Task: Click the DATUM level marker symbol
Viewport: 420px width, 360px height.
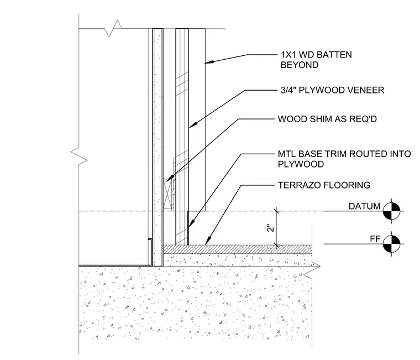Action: point(391,211)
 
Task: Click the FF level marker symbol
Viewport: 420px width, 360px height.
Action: point(391,244)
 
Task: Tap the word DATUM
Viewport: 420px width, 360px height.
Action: point(364,206)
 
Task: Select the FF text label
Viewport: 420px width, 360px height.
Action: point(375,239)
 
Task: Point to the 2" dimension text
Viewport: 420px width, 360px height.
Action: point(271,228)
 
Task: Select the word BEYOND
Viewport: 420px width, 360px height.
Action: point(300,65)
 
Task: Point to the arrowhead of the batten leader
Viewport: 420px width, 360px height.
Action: point(209,62)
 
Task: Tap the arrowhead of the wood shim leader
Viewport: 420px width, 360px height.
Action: point(170,178)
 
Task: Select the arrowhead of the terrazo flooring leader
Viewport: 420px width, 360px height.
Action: point(208,240)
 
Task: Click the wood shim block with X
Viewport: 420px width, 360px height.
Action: point(167,194)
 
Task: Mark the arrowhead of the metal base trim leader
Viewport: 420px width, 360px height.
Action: point(191,224)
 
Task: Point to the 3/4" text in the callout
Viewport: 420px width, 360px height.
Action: point(288,90)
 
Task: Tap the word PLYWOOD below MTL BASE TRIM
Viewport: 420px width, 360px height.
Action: point(301,164)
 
